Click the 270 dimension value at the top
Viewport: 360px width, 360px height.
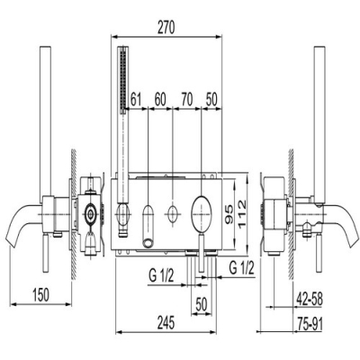point(166,28)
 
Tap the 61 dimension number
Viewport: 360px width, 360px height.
point(136,100)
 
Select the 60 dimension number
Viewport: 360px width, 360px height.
point(160,100)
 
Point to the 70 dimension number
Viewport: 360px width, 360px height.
point(187,100)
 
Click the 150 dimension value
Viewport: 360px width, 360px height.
point(40,294)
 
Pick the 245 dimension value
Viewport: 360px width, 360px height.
point(166,323)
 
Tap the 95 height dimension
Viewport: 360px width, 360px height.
point(229,214)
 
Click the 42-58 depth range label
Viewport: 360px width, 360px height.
point(310,300)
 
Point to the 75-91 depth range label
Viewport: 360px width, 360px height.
point(310,324)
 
